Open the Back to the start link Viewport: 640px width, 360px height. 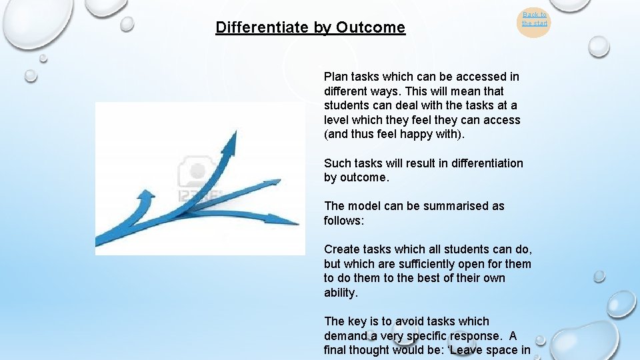[x=534, y=19]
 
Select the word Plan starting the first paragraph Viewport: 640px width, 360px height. [x=336, y=77]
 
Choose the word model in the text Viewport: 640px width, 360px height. [x=363, y=206]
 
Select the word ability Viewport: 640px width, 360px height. [x=341, y=293]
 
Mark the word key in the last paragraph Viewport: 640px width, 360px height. [x=359, y=321]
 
